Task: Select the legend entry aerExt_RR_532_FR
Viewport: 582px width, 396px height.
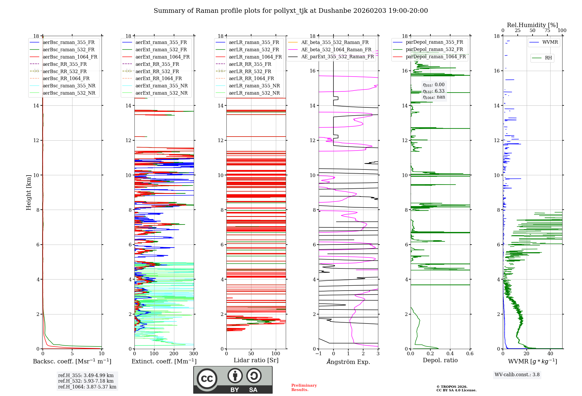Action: [x=157, y=72]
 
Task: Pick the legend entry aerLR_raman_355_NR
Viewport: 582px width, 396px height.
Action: [x=254, y=86]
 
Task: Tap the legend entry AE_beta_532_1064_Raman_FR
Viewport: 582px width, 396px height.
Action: [x=336, y=50]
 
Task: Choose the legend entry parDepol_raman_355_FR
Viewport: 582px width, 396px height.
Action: [x=434, y=42]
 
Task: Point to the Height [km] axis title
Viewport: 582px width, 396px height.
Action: [x=29, y=192]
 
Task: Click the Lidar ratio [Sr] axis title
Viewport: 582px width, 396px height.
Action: [x=256, y=360]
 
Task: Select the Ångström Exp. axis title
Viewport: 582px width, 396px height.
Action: [x=348, y=362]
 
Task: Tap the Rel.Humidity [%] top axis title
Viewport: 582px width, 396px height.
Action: [x=532, y=25]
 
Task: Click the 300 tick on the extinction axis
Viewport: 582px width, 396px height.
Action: [x=194, y=354]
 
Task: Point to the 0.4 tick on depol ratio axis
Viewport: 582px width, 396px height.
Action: [x=450, y=354]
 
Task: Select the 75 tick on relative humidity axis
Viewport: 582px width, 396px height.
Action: [x=547, y=31]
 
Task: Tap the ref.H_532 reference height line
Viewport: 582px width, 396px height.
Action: [x=86, y=381]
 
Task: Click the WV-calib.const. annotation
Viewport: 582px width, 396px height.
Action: [x=517, y=375]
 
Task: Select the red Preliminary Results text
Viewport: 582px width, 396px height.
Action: [x=304, y=388]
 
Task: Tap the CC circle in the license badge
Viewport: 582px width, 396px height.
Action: [x=207, y=379]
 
